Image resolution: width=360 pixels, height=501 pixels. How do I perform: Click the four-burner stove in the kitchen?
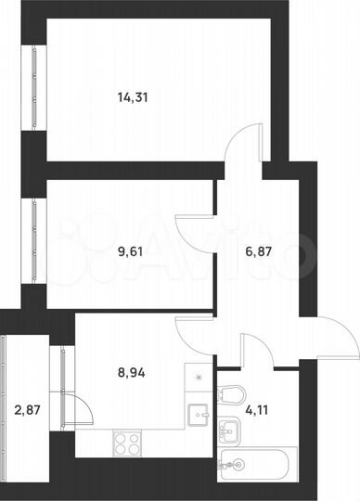click(x=127, y=443)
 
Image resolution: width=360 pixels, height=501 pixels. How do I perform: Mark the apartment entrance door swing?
click(x=335, y=336)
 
